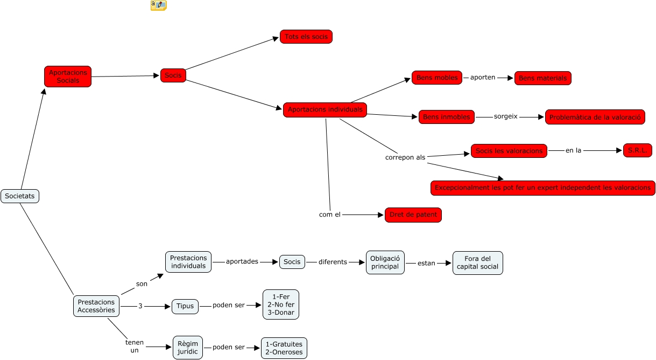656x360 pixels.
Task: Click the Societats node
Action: point(20,196)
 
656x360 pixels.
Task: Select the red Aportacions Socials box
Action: point(68,77)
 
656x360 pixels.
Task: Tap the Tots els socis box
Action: point(306,37)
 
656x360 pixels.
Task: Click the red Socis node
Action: point(173,75)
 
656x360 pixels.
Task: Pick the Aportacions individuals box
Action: point(325,110)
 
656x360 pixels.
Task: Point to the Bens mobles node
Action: point(437,78)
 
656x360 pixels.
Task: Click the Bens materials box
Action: point(542,78)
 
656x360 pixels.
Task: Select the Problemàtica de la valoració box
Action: point(595,117)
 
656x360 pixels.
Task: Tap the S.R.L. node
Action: point(638,150)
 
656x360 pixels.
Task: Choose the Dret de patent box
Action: point(413,215)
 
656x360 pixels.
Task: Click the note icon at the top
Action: point(158,5)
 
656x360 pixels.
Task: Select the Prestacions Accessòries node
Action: point(96,306)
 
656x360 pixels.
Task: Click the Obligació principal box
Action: point(385,262)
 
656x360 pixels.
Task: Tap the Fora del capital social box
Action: point(477,263)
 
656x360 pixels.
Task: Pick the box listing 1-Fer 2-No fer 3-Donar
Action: point(280,304)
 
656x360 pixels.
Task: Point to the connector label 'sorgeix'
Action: point(505,116)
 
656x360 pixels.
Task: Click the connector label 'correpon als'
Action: point(405,158)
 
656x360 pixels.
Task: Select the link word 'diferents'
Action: point(333,262)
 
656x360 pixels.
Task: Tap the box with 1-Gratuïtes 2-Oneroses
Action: point(284,348)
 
